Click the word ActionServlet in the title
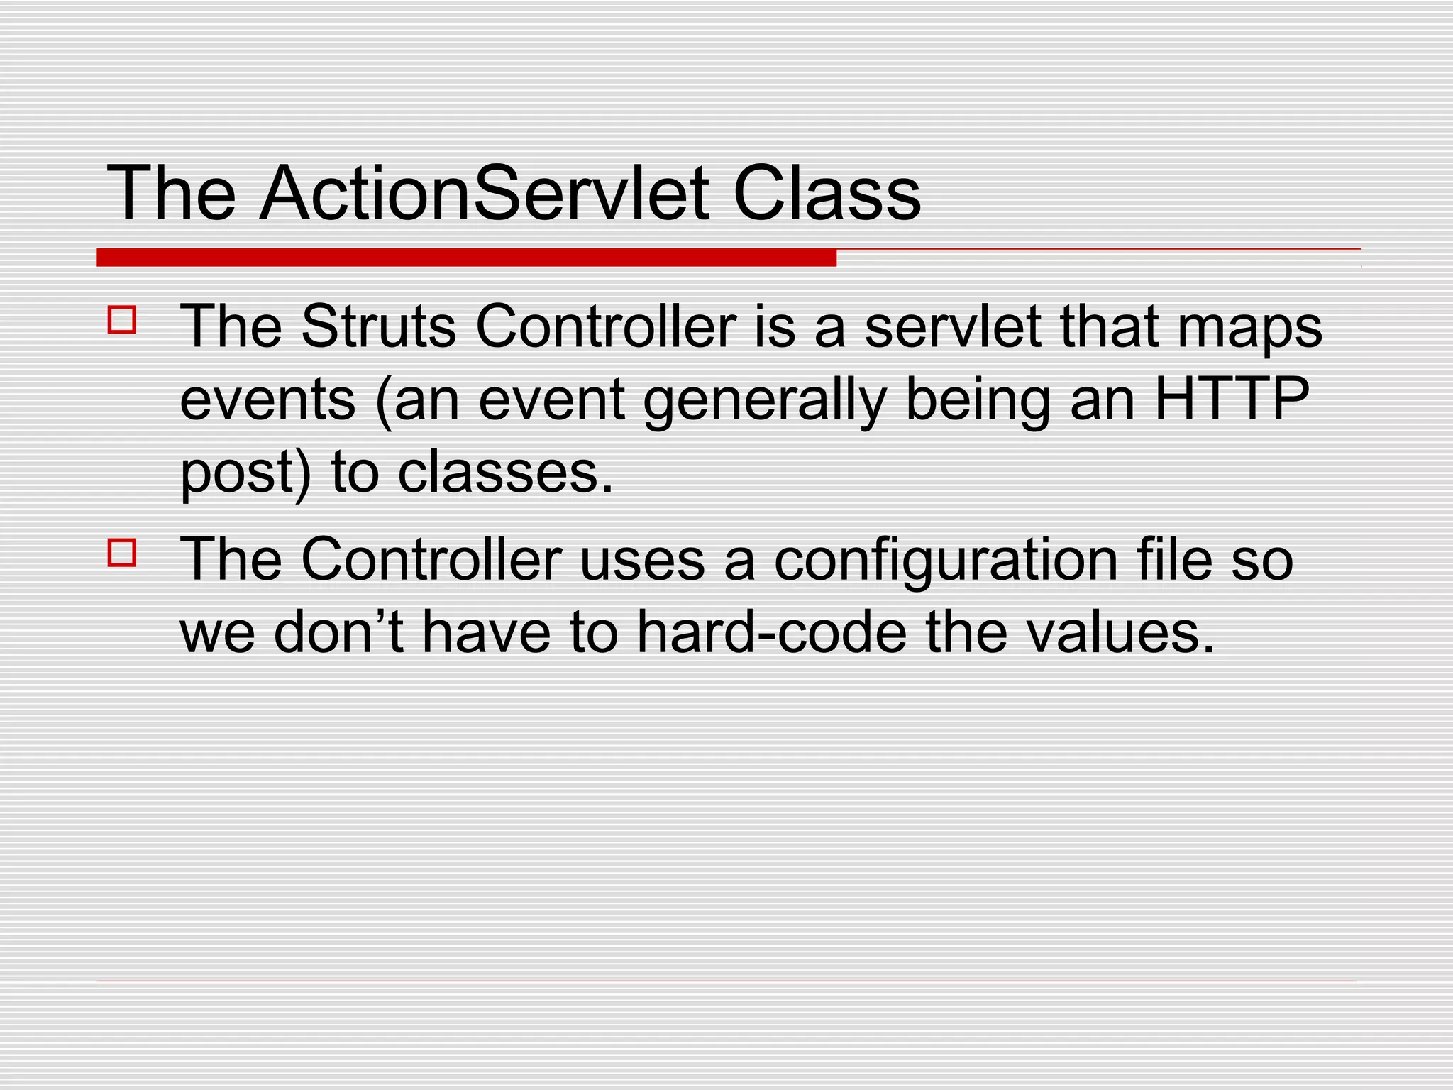pos(485,193)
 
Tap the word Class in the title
pos(827,193)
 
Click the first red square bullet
pos(122,320)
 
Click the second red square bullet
pos(122,553)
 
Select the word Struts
pos(378,326)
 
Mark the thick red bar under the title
pos(466,258)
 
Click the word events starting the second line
pos(267,400)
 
